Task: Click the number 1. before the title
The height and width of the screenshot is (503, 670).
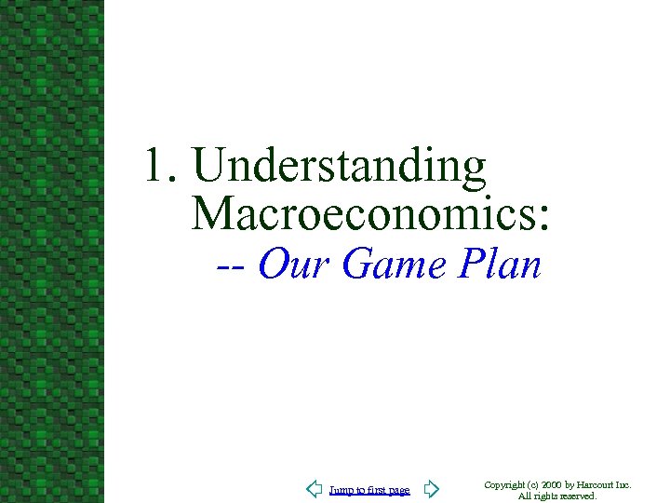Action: [x=163, y=168]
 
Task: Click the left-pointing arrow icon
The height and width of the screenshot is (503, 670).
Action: [x=314, y=489]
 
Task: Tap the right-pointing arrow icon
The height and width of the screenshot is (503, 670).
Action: [x=431, y=489]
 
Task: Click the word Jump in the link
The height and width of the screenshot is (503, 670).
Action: [x=341, y=491]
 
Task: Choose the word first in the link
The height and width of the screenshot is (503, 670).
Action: [x=375, y=490]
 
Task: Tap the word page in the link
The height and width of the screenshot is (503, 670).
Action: [x=398, y=491]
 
